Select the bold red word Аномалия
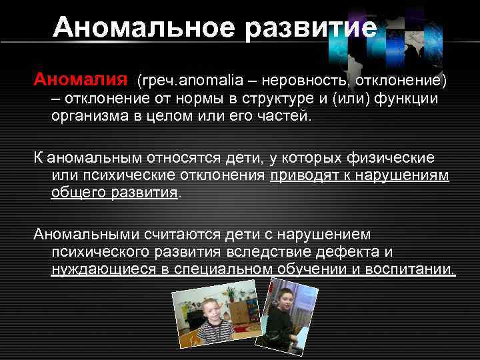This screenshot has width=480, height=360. tap(81, 81)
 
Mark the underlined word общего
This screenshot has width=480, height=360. tap(74, 193)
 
